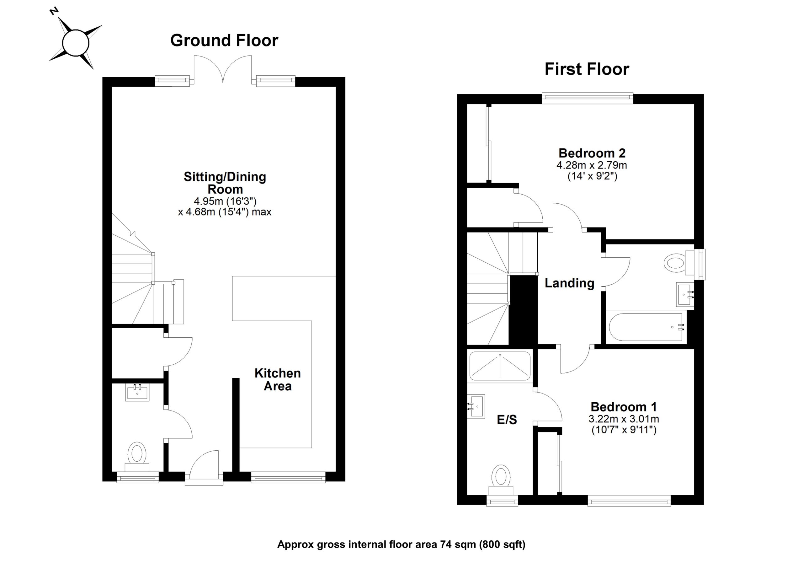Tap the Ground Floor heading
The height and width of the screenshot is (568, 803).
224,40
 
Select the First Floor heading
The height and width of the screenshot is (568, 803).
587,69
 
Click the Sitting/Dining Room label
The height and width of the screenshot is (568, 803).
225,183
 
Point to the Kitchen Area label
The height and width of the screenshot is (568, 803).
277,380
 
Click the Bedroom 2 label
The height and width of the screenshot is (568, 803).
592,153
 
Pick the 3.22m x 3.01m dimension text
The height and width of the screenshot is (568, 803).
624,419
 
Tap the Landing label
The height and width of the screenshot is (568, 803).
569,283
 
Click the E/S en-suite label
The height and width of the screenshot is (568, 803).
507,420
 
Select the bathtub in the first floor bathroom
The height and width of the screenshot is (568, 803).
646,327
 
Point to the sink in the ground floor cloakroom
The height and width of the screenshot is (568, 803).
137,392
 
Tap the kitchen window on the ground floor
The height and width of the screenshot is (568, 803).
288,477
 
